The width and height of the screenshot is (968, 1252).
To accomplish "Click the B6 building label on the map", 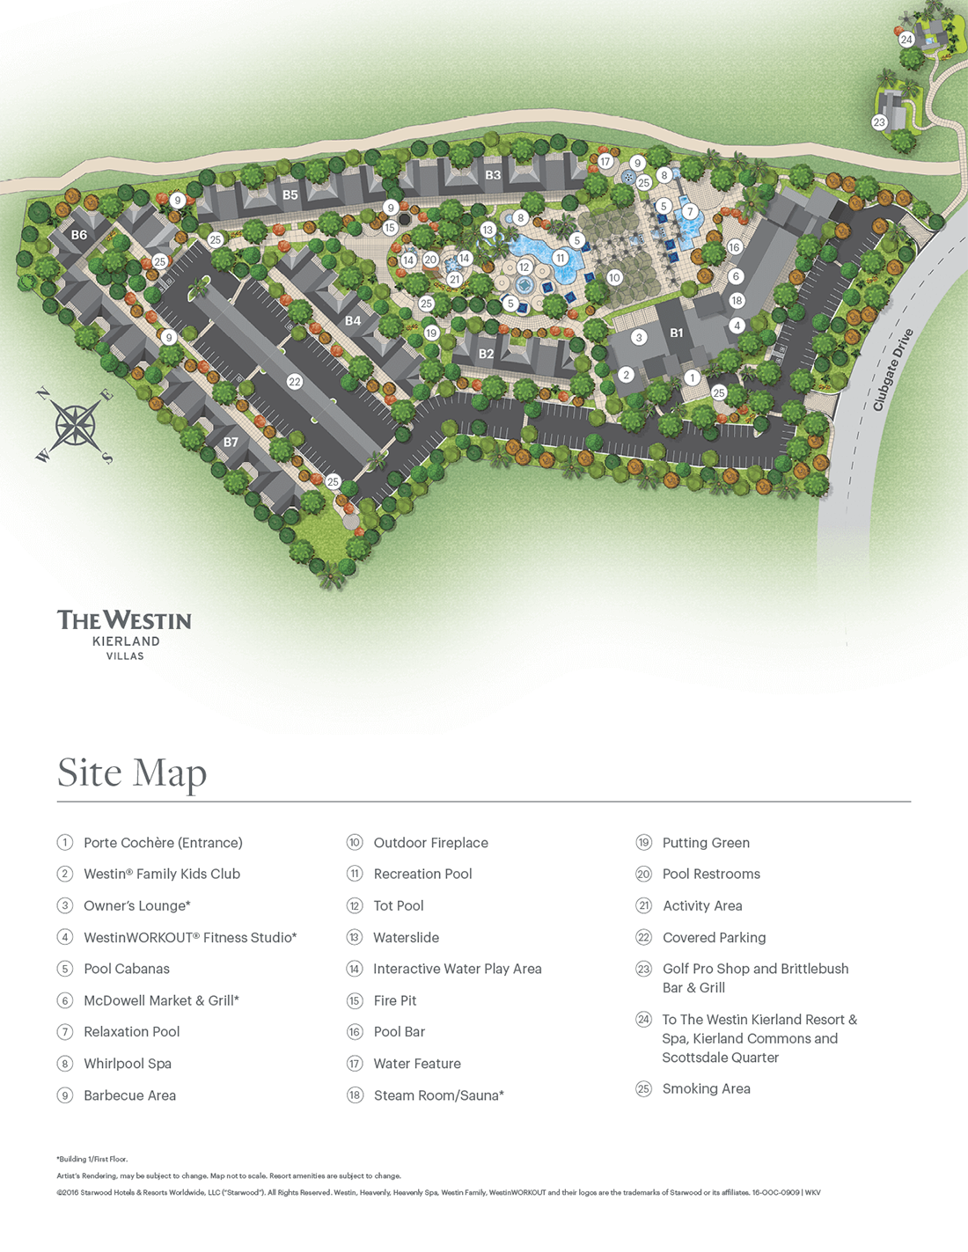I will click(79, 235).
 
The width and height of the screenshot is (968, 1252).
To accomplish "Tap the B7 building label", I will click(231, 442).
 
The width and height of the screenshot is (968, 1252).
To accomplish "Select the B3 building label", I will click(493, 175).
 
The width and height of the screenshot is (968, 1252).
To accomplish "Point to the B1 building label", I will click(677, 333).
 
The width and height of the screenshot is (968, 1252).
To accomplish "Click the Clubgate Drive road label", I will click(892, 370).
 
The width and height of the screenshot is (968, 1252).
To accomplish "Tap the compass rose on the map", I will click(76, 426).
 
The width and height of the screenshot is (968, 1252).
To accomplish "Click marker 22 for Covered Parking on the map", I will click(295, 382).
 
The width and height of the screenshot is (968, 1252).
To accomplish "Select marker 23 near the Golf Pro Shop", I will click(879, 122).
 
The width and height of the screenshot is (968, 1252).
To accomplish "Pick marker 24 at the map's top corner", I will click(906, 40).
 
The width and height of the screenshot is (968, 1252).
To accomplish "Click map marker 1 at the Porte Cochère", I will click(693, 377).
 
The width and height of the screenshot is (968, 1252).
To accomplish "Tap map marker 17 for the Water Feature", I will click(605, 161).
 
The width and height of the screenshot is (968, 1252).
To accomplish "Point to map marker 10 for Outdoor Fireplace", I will click(614, 277).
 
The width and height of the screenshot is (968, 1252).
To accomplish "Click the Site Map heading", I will click(132, 772).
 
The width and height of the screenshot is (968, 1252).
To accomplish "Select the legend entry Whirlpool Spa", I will click(127, 1064).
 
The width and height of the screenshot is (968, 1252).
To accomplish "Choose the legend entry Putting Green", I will click(706, 843).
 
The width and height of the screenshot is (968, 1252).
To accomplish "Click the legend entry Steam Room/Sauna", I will click(438, 1095).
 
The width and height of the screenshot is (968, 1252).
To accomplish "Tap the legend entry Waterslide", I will click(406, 938).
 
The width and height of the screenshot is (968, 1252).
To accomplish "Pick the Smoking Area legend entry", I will click(706, 1089).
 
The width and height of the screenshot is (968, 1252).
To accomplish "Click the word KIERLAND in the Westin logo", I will click(126, 641).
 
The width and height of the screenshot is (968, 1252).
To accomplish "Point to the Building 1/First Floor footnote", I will click(92, 1160).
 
